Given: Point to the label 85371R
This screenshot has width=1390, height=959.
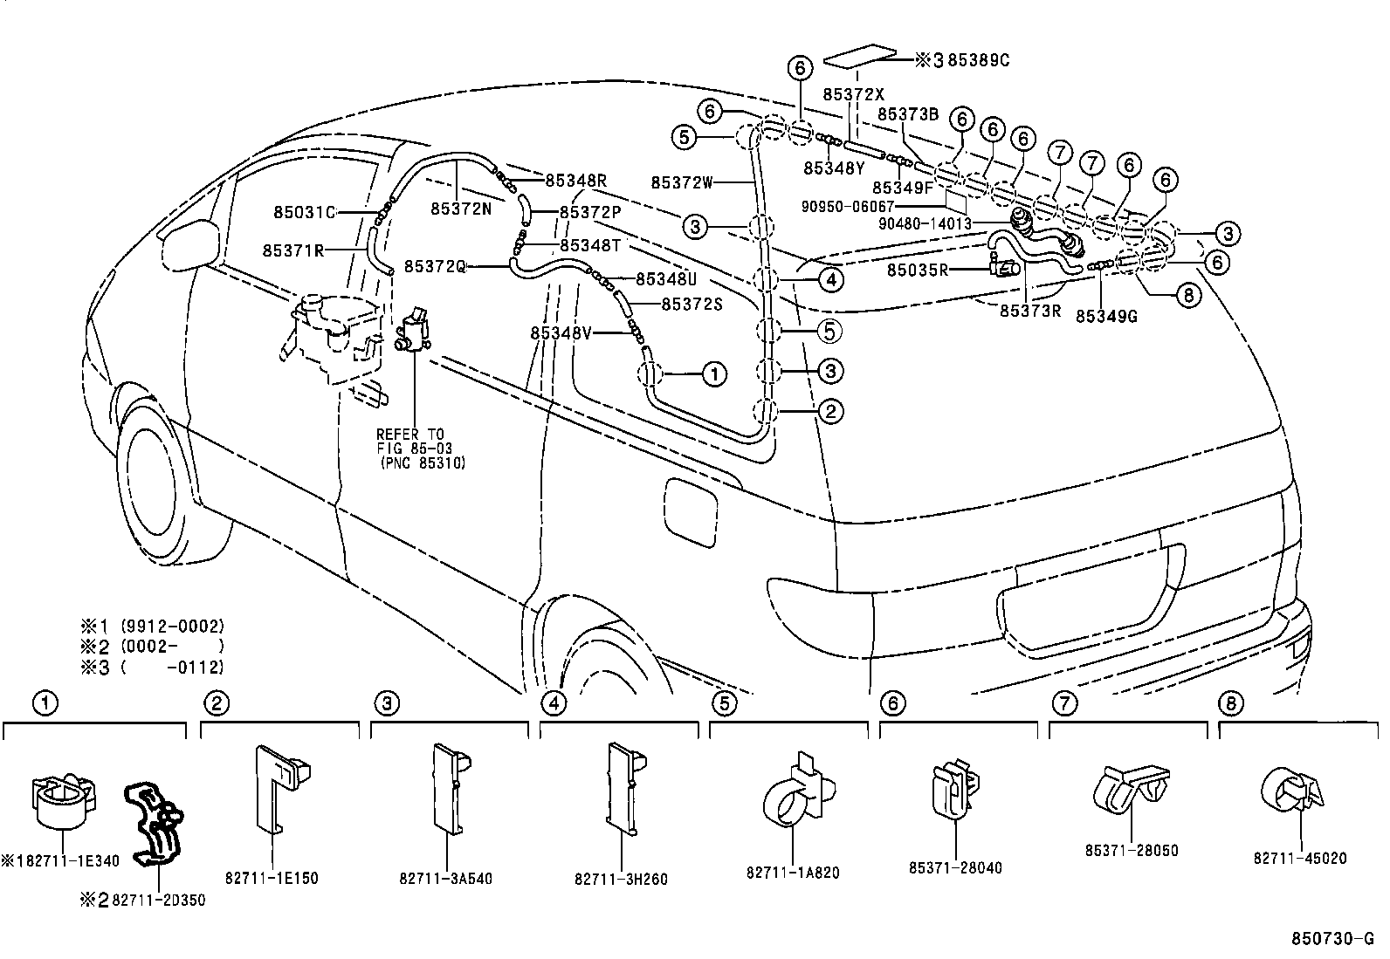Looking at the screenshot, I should coord(293,250).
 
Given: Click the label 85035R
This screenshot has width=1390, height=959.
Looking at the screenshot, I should coord(918,271).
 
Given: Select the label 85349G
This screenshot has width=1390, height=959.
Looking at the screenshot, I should coord(1106,316).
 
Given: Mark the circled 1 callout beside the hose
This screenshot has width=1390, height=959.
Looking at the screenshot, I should coord(713,374).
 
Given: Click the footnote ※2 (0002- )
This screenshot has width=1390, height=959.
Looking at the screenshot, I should coord(154,647).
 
